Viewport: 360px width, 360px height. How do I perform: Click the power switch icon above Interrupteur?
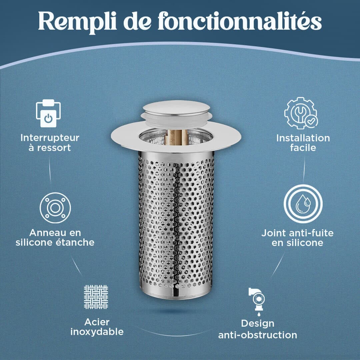coord(48,113)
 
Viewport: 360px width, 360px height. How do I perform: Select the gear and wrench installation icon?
coord(301,113)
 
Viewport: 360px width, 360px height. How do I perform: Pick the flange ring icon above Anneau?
coord(55,208)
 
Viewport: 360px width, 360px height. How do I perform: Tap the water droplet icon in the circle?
coord(303,204)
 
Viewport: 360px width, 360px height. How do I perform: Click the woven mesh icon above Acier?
coord(96,297)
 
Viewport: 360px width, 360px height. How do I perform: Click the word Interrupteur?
coord(50,138)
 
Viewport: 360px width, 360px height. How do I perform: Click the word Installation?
coord(303,138)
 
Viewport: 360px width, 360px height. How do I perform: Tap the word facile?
coord(303,148)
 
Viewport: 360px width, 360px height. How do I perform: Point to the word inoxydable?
coord(97,332)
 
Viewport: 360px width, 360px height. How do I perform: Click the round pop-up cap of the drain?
coord(176,108)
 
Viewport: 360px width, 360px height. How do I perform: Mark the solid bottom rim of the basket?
coord(176,293)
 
